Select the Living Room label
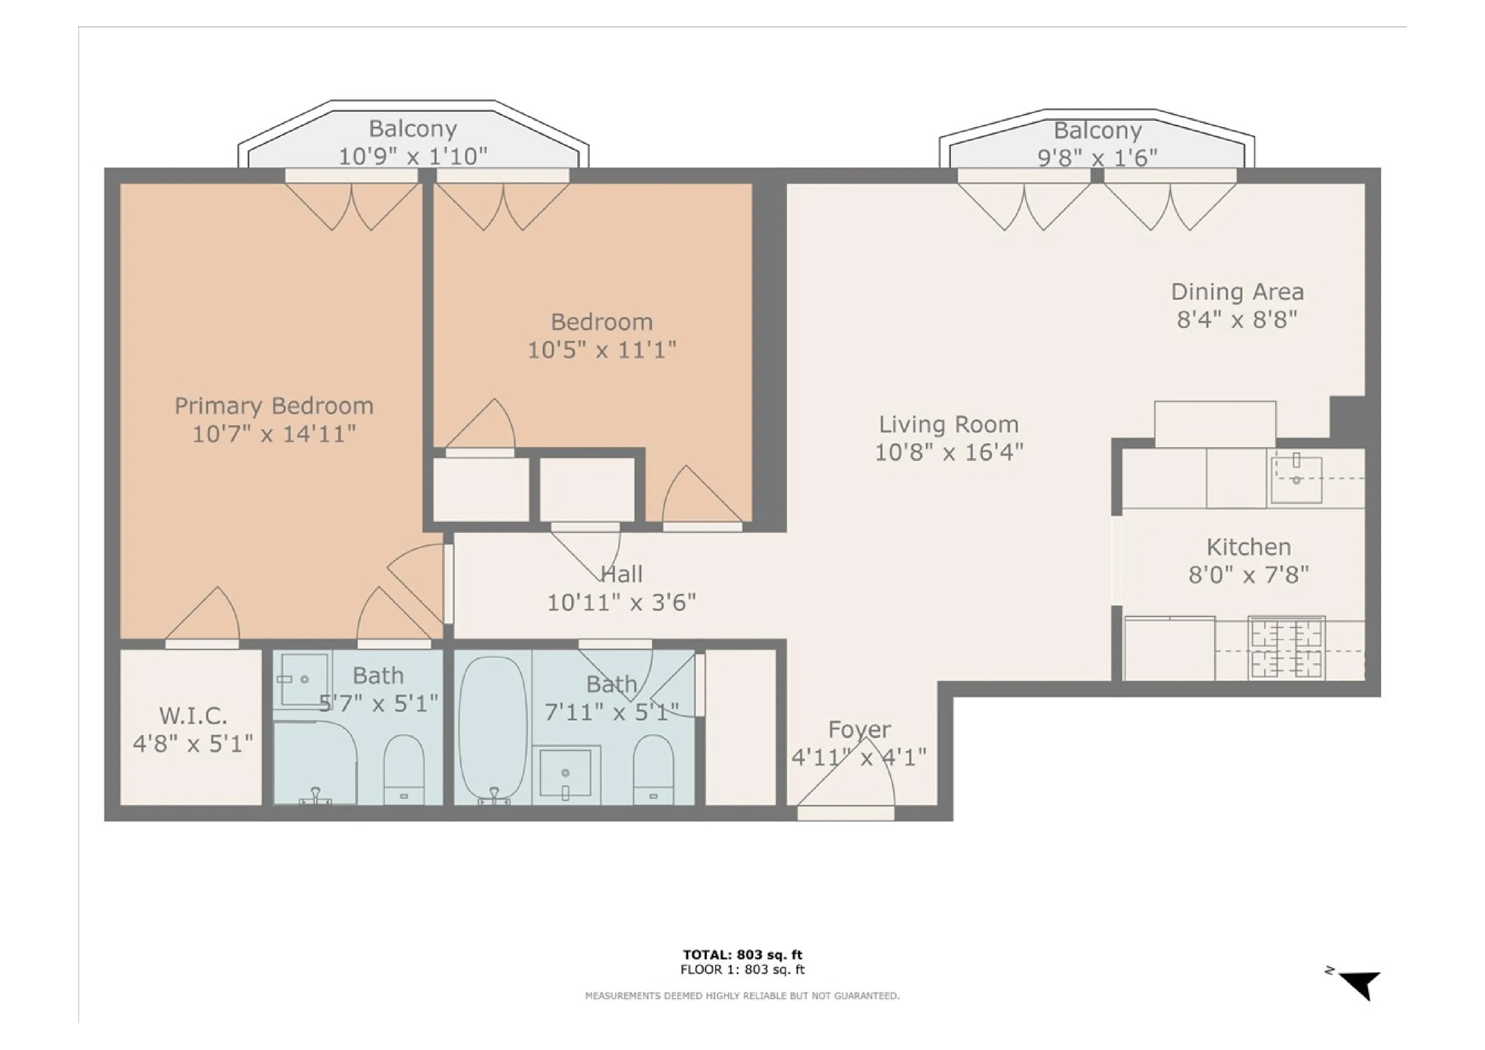tap(948, 424)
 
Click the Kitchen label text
tap(1248, 547)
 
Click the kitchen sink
tap(1296, 479)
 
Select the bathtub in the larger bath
tap(492, 728)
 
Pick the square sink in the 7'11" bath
tap(565, 773)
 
